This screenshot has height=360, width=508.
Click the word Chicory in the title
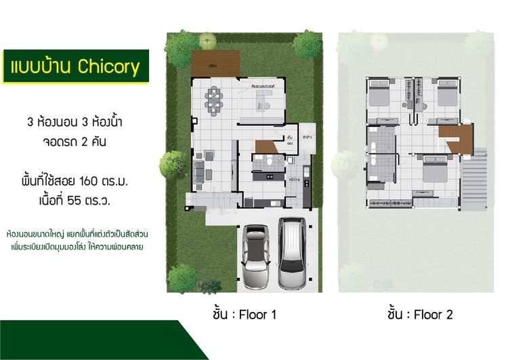[x=108, y=66]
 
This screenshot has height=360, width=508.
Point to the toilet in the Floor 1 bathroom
[x=270, y=163]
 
